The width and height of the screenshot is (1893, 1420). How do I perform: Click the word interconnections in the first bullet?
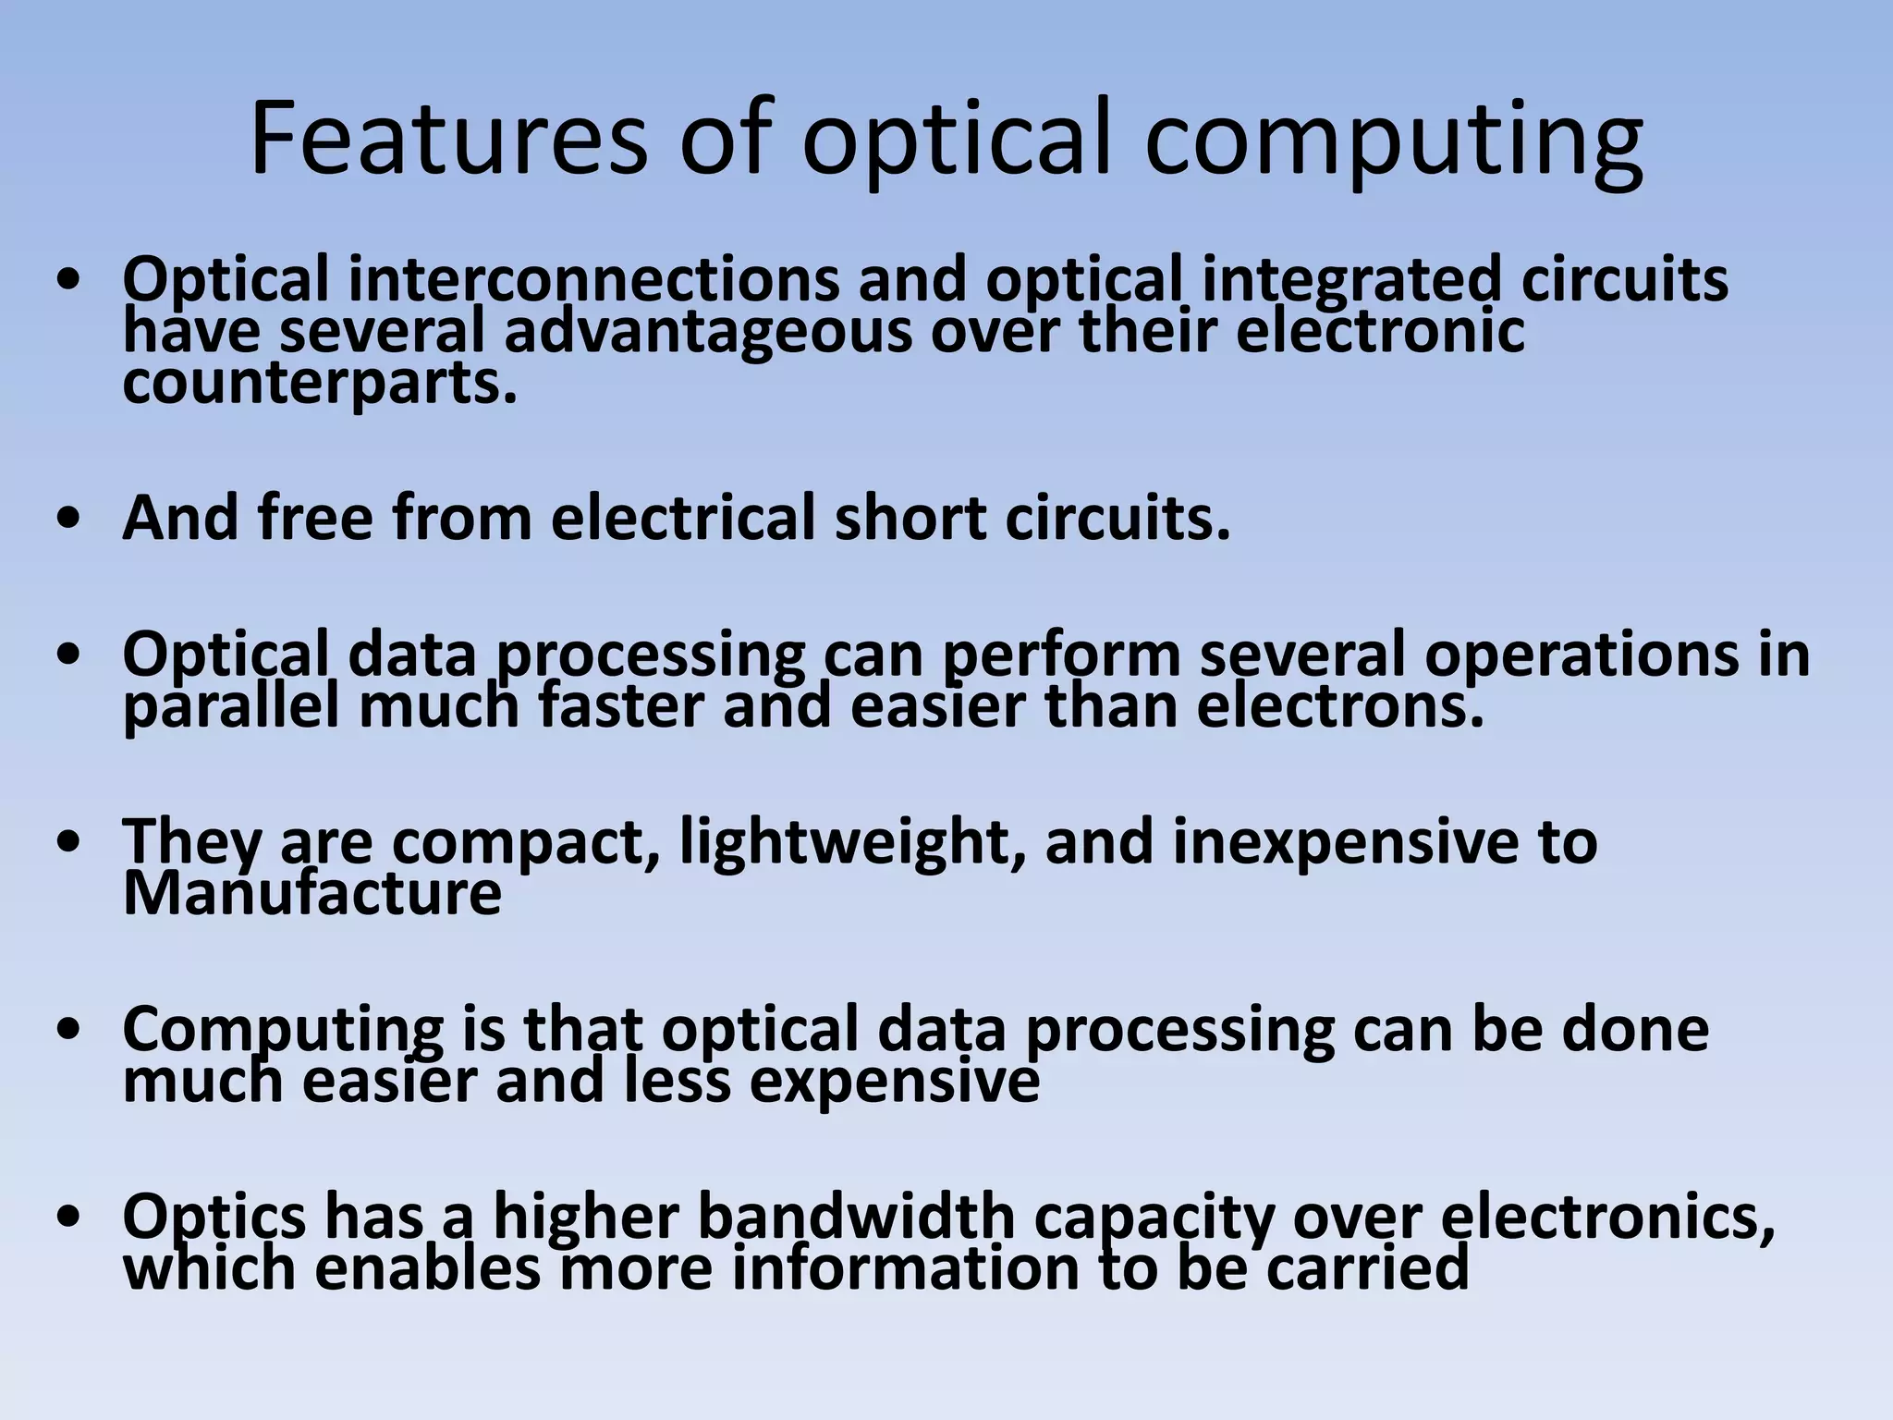click(592, 279)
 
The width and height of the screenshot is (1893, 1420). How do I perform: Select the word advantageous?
click(707, 333)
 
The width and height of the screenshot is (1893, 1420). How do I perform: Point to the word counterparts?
click(319, 385)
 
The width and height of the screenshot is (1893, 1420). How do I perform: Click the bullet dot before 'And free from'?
click(69, 520)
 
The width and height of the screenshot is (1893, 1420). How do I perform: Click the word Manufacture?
click(311, 894)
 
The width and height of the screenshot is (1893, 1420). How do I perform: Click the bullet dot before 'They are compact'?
click(69, 843)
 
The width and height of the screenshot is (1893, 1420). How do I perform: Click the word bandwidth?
click(855, 1217)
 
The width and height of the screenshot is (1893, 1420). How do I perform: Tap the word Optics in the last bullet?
click(214, 1218)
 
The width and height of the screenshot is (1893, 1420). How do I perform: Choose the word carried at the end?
click(1367, 1268)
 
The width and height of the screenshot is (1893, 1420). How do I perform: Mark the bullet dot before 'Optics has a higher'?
click(69, 1218)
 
